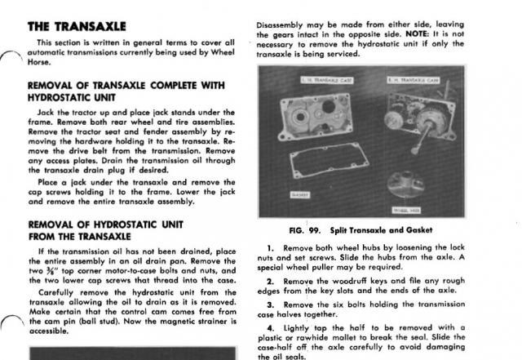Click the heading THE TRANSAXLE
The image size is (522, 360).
77,26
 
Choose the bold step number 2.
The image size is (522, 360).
270,280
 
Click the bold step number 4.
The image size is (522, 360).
270,327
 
